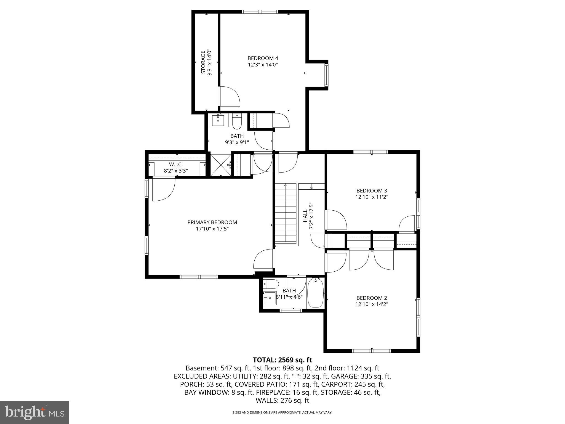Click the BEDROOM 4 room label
[263, 58]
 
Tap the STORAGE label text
[203, 62]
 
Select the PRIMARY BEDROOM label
[212, 222]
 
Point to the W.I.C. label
[176, 165]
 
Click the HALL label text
[305, 216]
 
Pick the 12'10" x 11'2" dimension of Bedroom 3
[372, 197]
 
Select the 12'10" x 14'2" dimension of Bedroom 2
[372, 304]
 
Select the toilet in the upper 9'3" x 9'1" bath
[237, 122]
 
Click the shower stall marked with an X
[220, 165]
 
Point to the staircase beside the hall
[286, 214]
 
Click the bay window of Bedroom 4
[326, 75]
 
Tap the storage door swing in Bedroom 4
[230, 97]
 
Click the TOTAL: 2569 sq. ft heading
[282, 360]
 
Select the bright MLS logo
[34, 412]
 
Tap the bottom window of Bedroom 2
[371, 351]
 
